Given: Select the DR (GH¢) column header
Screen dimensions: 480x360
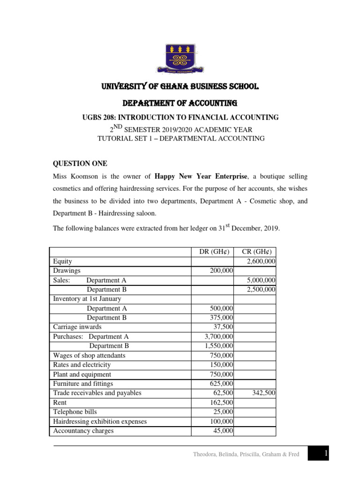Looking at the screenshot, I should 213,252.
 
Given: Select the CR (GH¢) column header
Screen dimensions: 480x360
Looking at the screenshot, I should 255,252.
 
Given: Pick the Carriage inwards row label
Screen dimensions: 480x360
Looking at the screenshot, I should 77,327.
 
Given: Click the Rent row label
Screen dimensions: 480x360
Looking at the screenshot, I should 60,402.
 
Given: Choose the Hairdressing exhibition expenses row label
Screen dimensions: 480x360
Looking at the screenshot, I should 100,421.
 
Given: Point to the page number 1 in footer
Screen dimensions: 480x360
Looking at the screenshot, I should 324,453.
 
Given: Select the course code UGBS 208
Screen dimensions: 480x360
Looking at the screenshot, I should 100,117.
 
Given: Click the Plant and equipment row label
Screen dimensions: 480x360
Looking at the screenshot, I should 82,375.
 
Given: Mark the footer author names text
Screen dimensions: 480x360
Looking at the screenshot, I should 246,454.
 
